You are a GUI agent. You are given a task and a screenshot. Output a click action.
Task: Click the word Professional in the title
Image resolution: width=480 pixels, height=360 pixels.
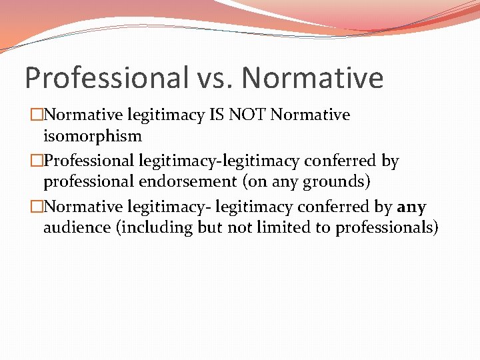tap(107, 79)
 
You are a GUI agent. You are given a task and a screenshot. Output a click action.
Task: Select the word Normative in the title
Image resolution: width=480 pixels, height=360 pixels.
tap(313, 79)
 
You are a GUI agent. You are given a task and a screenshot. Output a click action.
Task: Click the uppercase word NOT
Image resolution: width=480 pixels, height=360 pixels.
tap(249, 115)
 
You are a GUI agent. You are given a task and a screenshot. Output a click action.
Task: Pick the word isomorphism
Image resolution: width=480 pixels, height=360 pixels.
tap(92, 136)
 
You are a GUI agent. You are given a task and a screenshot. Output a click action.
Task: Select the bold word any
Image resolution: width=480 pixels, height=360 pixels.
tap(411, 207)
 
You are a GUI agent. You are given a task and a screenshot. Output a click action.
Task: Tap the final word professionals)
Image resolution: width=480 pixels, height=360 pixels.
tap(387, 228)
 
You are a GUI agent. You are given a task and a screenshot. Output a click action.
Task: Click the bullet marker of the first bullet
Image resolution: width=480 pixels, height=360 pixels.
tap(35, 115)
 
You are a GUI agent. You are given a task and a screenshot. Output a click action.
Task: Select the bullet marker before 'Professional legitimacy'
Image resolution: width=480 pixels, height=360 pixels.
tap(35, 161)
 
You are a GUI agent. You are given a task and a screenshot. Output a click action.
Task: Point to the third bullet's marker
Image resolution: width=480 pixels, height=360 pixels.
tap(35, 207)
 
